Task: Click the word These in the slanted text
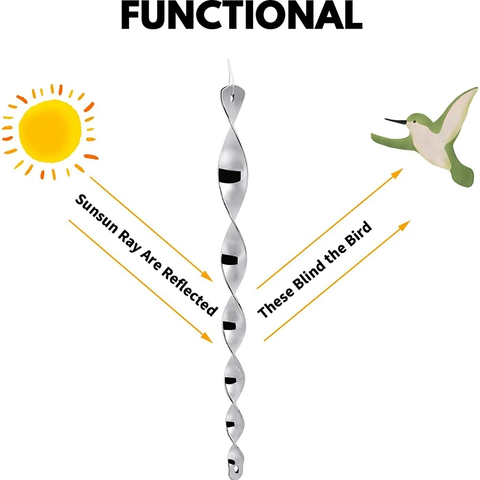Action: point(277,299)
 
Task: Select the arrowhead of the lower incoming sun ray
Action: point(208,339)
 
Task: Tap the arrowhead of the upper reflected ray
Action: point(397,173)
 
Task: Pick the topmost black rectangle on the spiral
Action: point(229,175)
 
